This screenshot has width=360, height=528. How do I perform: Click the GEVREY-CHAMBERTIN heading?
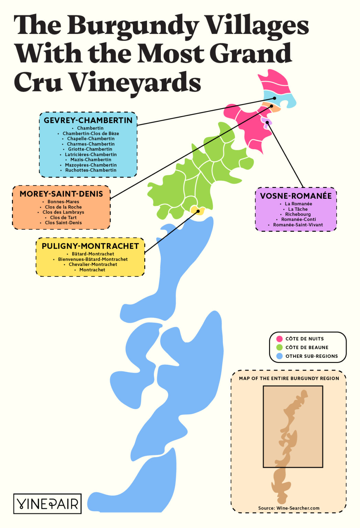tap(88, 120)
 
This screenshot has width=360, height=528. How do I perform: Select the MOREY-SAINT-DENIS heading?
tap(61, 194)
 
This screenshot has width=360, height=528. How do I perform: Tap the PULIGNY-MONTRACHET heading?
tap(90, 246)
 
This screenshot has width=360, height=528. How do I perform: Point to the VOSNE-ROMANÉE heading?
tap(296, 196)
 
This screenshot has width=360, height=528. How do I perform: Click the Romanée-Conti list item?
tap(298, 219)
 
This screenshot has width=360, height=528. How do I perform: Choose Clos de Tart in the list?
tap(63, 218)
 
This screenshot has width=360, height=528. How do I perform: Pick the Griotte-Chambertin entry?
tap(90, 149)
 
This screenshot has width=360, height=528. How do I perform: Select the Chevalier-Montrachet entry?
tap(93, 264)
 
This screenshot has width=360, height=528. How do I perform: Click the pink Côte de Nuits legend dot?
tap(279, 339)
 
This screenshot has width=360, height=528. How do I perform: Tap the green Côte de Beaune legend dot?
tap(279, 347)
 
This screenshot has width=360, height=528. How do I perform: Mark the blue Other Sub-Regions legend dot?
tap(279, 356)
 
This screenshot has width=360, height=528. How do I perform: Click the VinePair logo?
tap(47, 504)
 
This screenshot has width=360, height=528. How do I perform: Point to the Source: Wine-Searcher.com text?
tap(289, 508)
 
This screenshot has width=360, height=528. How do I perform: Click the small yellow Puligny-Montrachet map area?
tap(197, 210)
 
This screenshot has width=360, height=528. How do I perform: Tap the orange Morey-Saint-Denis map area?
tap(271, 107)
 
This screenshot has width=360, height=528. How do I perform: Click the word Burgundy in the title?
tap(133, 26)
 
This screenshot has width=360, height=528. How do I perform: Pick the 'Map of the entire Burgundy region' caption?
tap(289, 378)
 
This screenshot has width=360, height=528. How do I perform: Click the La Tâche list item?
tap(297, 209)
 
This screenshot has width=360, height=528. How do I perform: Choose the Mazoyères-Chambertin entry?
tap(91, 165)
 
